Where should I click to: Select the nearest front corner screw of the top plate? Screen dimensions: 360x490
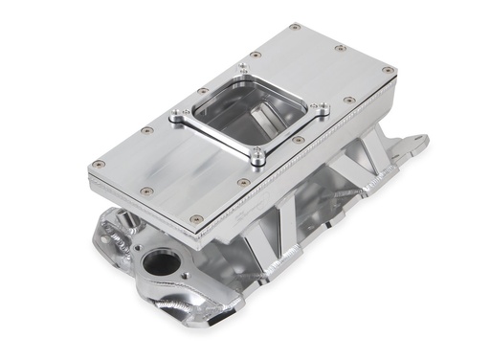click(x=197, y=218)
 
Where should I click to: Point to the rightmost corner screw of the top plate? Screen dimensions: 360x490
click(x=387, y=70)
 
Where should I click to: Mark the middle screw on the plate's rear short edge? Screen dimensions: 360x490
click(x=341, y=47)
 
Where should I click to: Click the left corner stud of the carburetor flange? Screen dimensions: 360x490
click(x=174, y=120)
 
